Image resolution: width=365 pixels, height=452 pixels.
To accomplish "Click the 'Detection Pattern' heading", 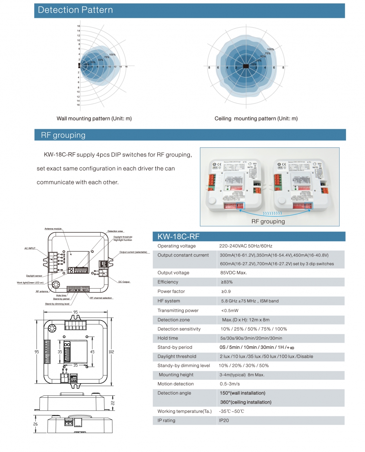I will click(75, 10).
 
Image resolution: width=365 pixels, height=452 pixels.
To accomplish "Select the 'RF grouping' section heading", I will click(63, 135).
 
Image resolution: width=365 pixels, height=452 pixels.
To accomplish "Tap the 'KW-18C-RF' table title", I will click(178, 236).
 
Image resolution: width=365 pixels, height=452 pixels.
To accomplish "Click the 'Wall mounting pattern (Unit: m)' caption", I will click(94, 118).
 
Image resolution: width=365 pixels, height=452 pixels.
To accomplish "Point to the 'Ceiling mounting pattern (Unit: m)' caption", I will click(256, 118).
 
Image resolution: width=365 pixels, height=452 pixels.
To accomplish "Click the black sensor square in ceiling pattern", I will click(246, 66).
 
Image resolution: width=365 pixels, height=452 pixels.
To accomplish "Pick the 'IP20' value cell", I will click(223, 420).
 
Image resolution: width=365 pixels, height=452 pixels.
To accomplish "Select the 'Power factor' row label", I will click(171, 291).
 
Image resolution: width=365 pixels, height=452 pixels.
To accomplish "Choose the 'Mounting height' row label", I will click(176, 375).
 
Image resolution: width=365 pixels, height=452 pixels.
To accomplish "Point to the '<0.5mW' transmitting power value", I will click(229, 311).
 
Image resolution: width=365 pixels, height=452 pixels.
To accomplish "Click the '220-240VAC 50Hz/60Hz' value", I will click(246, 246).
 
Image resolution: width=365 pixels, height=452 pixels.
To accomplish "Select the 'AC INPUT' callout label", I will click(30, 248).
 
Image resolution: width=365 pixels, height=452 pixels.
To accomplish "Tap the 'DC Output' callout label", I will click(124, 282).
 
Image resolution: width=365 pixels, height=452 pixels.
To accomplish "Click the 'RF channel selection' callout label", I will click(101, 298).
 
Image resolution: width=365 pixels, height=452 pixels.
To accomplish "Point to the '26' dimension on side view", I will click(36, 424).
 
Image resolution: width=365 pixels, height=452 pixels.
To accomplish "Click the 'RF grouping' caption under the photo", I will click(268, 221).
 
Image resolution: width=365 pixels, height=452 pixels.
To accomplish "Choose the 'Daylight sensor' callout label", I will click(34, 276).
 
